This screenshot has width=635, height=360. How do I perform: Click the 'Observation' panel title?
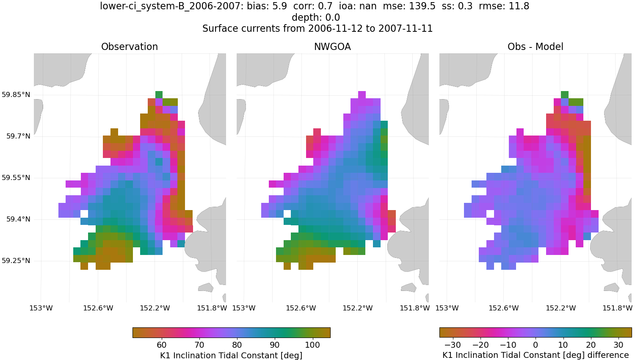tap(129, 47)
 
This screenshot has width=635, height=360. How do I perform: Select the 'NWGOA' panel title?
tap(332, 47)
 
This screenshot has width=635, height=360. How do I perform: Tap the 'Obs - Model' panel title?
tap(535, 47)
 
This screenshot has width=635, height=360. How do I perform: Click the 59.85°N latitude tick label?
tap(16, 94)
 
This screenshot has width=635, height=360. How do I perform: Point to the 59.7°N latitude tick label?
tap(18, 136)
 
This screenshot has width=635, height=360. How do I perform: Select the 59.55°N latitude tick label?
tap(16, 177)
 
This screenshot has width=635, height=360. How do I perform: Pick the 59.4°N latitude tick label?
tap(18, 219)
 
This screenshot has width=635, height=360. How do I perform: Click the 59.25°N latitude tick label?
tap(16, 260)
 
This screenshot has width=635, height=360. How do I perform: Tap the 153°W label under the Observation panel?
tap(41, 308)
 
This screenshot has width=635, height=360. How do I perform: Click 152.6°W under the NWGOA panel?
tap(301, 308)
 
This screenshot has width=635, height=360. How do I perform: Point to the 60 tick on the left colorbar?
tap(162, 345)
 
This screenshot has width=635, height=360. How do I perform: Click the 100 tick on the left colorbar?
tap(312, 345)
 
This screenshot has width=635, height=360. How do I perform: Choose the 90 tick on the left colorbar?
tap(275, 345)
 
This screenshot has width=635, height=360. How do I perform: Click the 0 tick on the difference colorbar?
tap(536, 345)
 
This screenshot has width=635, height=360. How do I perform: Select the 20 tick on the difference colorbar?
tap(591, 345)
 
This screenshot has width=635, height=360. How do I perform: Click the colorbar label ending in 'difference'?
tap(536, 355)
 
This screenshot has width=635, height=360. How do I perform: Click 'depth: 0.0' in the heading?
tap(316, 17)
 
